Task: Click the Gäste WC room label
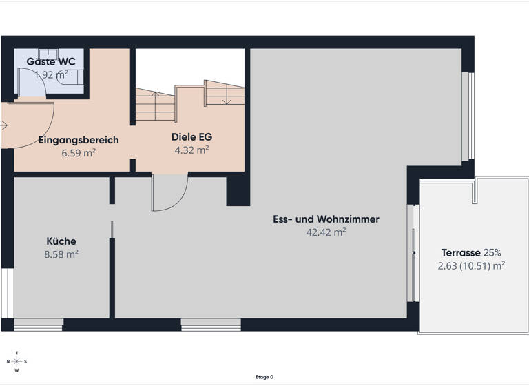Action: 50,61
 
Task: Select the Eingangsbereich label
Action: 79,140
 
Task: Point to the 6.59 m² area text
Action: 79,152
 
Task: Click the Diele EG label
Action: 190,136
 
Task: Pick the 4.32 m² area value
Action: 190,149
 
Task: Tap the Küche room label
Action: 61,241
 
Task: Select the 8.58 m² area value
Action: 61,254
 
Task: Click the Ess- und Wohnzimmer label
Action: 325,220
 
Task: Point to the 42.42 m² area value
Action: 325,232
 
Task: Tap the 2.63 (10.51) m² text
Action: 471,265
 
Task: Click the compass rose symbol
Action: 17,361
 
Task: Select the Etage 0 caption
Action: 264,377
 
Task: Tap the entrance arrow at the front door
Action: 4,125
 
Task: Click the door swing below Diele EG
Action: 169,192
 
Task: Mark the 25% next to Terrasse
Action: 492,252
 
